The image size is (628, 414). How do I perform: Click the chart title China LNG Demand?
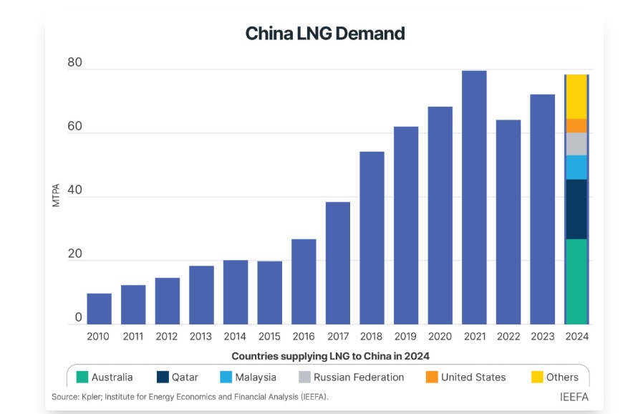click(325, 34)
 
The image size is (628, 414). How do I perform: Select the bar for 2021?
click(474, 197)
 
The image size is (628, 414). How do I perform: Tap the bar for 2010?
click(99, 308)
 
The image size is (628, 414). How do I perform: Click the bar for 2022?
click(508, 222)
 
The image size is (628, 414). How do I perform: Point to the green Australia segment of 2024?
click(576, 281)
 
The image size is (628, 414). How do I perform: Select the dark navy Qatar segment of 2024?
click(576, 209)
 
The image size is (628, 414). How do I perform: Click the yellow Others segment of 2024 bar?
click(576, 97)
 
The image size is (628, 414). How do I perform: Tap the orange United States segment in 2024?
click(576, 126)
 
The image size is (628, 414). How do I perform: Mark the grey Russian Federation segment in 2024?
click(576, 144)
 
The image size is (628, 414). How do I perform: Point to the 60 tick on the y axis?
click(74, 127)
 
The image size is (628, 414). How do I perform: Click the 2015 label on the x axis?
click(269, 337)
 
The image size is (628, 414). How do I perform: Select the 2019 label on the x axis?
click(405, 337)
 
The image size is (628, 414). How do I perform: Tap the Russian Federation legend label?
click(359, 377)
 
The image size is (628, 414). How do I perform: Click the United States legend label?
click(473, 377)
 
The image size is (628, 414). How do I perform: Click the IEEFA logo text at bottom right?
click(574, 397)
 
